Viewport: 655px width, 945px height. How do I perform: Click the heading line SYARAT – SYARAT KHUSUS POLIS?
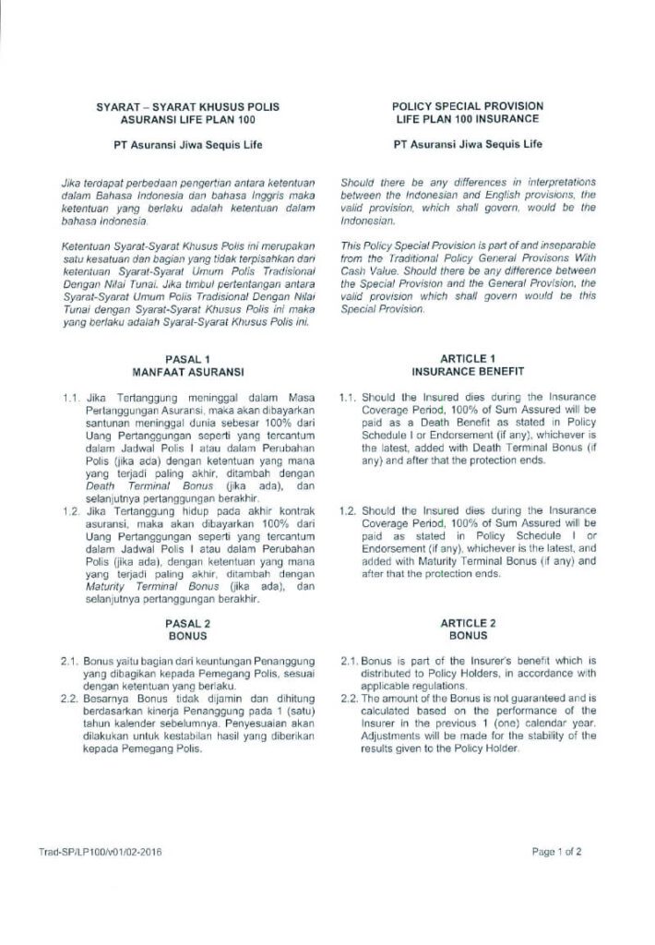pos(188,106)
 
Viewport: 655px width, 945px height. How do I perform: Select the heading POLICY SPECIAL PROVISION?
pos(468,106)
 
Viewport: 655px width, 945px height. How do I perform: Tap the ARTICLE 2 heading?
pos(468,624)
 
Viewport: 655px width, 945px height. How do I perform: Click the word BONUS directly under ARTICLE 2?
pos(468,637)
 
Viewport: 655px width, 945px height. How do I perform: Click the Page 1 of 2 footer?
pos(556,853)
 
